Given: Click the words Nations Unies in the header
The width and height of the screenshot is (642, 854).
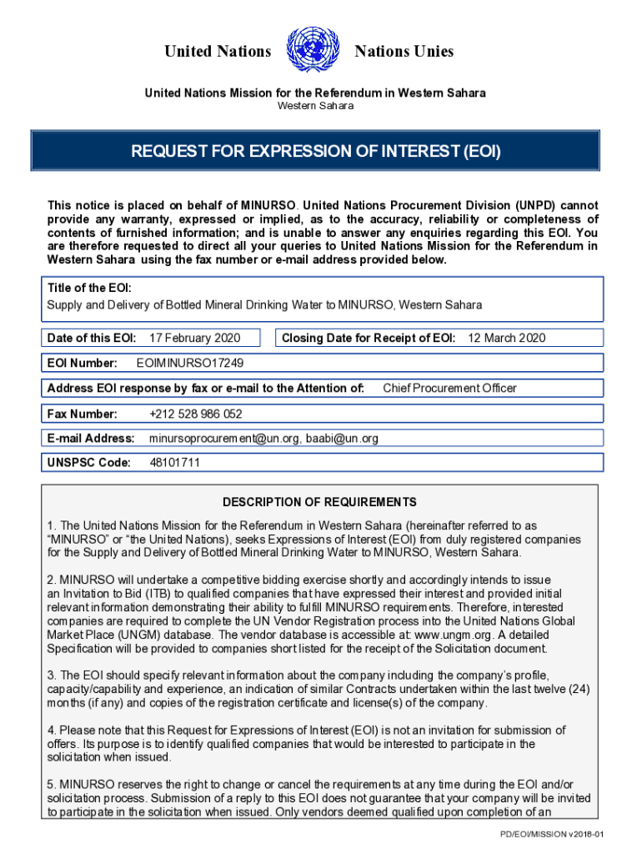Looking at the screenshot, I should pyautogui.click(x=404, y=52).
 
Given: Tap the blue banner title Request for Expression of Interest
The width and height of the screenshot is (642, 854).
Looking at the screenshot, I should pyautogui.click(x=315, y=152).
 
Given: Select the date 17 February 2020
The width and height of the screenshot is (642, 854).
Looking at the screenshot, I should pyautogui.click(x=194, y=338).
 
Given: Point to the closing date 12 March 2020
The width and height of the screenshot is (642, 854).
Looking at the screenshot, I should pyautogui.click(x=506, y=338).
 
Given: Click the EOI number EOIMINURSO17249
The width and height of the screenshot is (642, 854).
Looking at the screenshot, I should pyautogui.click(x=190, y=363).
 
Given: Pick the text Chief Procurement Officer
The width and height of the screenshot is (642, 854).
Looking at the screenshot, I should pyautogui.click(x=449, y=388).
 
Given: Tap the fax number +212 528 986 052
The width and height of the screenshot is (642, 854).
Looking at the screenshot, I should pyautogui.click(x=196, y=414).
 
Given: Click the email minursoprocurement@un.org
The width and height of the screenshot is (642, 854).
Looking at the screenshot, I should pyautogui.click(x=224, y=438).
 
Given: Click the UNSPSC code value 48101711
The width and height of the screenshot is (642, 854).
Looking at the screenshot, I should pyautogui.click(x=174, y=463).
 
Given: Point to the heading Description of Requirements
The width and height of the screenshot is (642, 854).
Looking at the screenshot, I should pyautogui.click(x=319, y=502).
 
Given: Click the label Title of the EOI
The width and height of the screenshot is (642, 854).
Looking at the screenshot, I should pyautogui.click(x=89, y=288).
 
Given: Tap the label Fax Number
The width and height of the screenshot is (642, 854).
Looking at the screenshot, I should pyautogui.click(x=83, y=414).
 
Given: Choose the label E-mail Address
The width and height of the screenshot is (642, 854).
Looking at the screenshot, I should pyautogui.click(x=91, y=438).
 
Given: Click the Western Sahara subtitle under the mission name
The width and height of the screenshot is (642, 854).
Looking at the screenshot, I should pyautogui.click(x=315, y=106).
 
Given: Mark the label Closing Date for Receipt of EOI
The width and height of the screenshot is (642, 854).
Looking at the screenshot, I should pyautogui.click(x=369, y=338).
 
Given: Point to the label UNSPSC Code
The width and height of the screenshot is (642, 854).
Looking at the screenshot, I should pyautogui.click(x=89, y=463).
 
